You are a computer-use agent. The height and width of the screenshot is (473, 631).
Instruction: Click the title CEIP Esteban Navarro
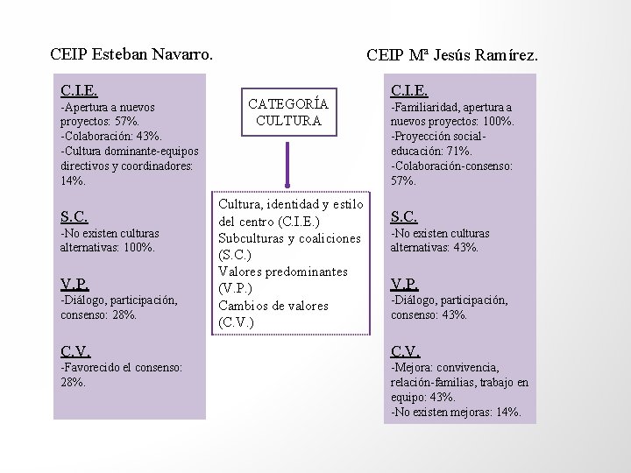(131, 53)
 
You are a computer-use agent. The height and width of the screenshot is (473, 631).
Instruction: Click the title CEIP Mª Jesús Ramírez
(452, 56)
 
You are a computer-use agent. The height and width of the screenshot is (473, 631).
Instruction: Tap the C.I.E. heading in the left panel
(79, 90)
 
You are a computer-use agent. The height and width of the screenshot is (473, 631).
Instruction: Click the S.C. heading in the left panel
(74, 215)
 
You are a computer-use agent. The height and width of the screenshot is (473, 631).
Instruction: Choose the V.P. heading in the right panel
(405, 283)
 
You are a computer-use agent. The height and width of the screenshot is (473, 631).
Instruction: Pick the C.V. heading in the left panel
(75, 350)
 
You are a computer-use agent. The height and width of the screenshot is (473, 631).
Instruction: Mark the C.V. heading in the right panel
(406, 350)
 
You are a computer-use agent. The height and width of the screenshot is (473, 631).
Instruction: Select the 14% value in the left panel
(74, 180)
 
